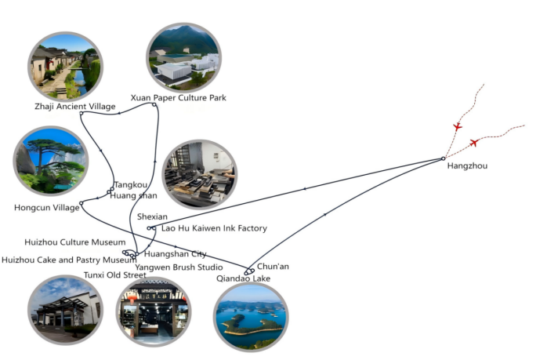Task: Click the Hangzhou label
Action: pyautogui.click(x=466, y=166)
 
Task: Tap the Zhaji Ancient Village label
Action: pyautogui.click(x=75, y=107)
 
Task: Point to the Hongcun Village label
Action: pyautogui.click(x=47, y=208)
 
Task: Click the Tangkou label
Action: pyautogui.click(x=131, y=185)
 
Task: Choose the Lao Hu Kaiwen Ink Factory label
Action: pyautogui.click(x=214, y=229)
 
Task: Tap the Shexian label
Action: pyautogui.click(x=152, y=216)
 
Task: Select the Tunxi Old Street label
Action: pyautogui.click(x=114, y=275)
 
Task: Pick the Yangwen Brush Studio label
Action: pyautogui.click(x=179, y=267)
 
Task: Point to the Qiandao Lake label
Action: pyautogui.click(x=243, y=278)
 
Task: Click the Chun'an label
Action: pyautogui.click(x=273, y=267)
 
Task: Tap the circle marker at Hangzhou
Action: pyautogui.click(x=444, y=159)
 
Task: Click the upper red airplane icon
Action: pyautogui.click(x=458, y=126)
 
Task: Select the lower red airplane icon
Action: pyautogui.click(x=474, y=143)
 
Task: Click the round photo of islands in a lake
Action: pyautogui.click(x=250, y=315)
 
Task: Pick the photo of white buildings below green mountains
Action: pyautogui.click(x=184, y=57)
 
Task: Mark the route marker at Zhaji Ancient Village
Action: pyautogui.click(x=82, y=114)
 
